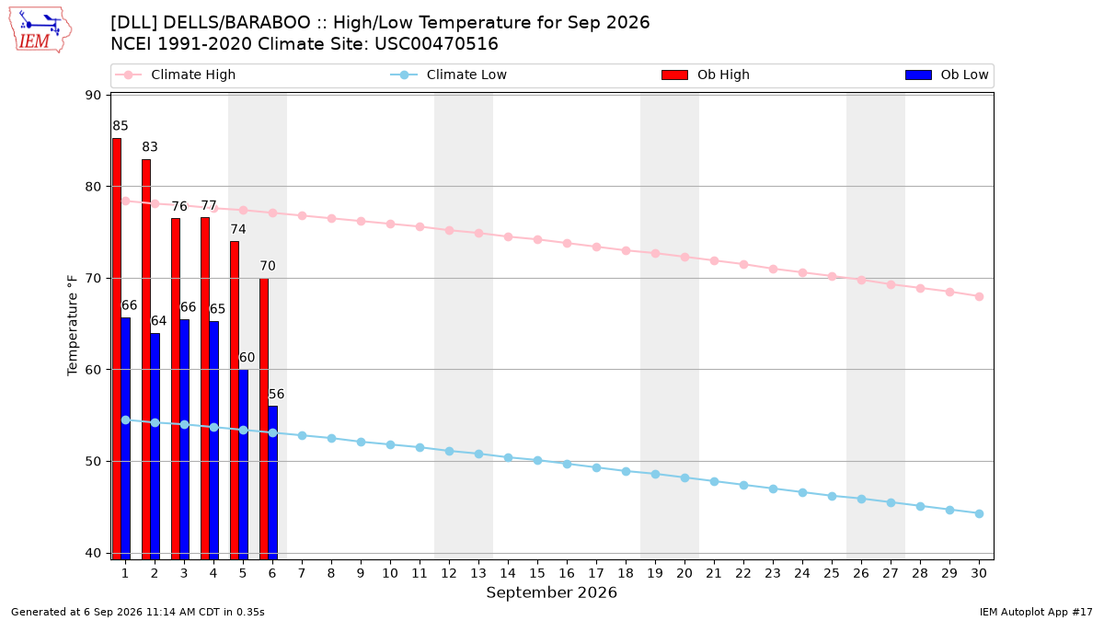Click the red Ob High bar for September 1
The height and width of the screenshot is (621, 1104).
117,349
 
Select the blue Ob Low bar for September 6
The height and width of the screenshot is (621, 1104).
273,483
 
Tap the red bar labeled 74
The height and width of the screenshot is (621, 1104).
235,401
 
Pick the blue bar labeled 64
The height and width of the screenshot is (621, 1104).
155,446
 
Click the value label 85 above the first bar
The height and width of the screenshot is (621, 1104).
121,126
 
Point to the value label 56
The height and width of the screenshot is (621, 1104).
277,395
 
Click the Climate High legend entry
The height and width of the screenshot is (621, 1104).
175,75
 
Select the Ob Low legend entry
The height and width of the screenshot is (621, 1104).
947,75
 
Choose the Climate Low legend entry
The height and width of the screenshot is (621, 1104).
449,75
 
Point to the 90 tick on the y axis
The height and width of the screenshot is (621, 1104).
93,95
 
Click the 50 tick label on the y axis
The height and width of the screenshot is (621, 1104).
93,462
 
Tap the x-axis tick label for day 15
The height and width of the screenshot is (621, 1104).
537,573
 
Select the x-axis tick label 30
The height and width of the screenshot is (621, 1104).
979,573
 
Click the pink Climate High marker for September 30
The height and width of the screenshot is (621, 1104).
979,296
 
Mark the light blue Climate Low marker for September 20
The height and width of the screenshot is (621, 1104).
684,478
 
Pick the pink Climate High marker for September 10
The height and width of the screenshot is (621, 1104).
390,224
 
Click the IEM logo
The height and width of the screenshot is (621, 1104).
40,30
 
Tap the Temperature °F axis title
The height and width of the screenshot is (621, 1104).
73,326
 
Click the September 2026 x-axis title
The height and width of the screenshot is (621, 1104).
551,592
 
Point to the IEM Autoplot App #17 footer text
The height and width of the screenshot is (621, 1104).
1036,612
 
